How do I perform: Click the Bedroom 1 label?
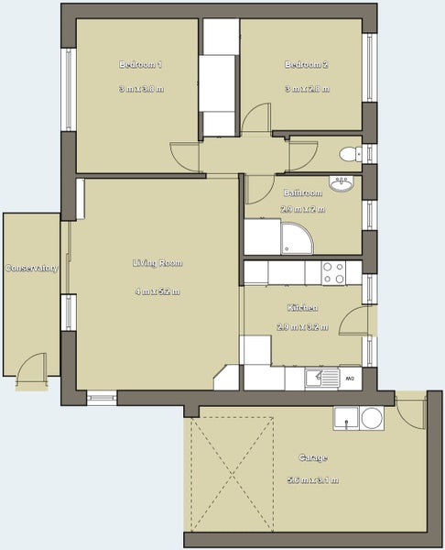140,64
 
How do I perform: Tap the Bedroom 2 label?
306,64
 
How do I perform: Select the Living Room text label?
157,263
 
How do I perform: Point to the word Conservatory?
32,269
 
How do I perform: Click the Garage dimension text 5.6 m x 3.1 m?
313,479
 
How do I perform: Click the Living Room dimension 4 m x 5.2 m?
157,291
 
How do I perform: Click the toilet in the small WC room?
349,154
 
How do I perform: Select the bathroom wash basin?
342,184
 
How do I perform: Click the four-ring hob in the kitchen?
333,272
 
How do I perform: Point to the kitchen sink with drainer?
321,377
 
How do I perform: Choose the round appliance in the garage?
372,419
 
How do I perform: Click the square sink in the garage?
346,419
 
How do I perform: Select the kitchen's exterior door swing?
355,322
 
